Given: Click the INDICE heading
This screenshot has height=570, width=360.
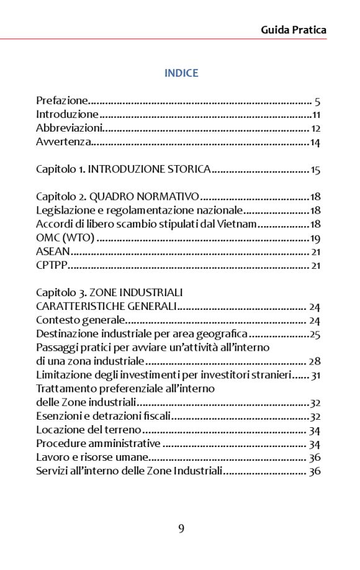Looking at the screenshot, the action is pos(181,73).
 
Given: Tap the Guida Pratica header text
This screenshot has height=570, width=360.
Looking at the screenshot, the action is pos(294,30).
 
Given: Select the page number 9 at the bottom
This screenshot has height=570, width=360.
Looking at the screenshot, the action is pos(181,529).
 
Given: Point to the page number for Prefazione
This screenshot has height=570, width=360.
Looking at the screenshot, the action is pos(317,101).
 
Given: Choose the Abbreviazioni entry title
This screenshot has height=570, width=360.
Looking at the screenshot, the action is pos(69,129).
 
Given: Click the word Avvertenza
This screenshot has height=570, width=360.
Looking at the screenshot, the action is pos(64,143).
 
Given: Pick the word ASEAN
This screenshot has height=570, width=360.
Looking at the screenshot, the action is pos(53,252).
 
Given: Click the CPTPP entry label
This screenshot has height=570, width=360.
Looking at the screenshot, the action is pos(52,266).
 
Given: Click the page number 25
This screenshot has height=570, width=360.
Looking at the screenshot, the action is pos(315,335).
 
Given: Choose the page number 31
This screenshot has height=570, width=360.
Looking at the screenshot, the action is pos(315,375).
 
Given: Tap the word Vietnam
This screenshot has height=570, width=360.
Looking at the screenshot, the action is pos(238,224).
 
